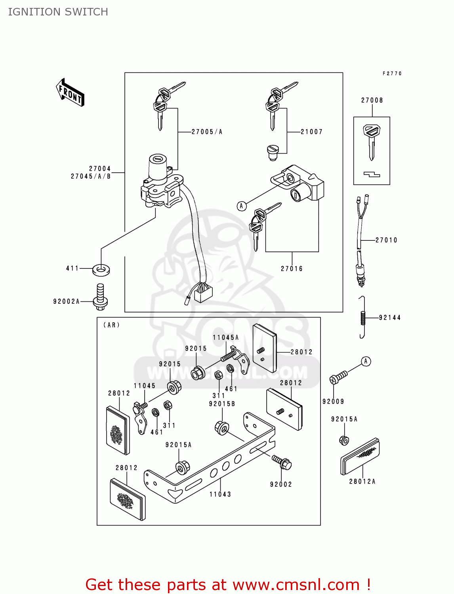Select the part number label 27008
tap(372, 101)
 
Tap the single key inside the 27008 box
tap(371, 141)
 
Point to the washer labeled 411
tap(101, 270)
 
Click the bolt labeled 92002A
tap(100, 297)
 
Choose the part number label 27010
tap(386, 240)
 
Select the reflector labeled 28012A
tap(360, 457)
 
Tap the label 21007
tap(311, 132)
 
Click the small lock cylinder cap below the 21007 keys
tap(273, 152)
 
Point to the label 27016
tap(292, 269)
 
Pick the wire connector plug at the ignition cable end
tap(203, 293)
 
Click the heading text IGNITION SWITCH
tap(58, 12)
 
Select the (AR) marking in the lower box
tap(111, 325)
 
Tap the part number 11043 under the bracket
tap(220, 494)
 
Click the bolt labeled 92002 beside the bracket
tap(282, 463)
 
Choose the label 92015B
tap(222, 404)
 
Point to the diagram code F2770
tap(392, 74)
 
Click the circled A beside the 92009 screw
tap(366, 361)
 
